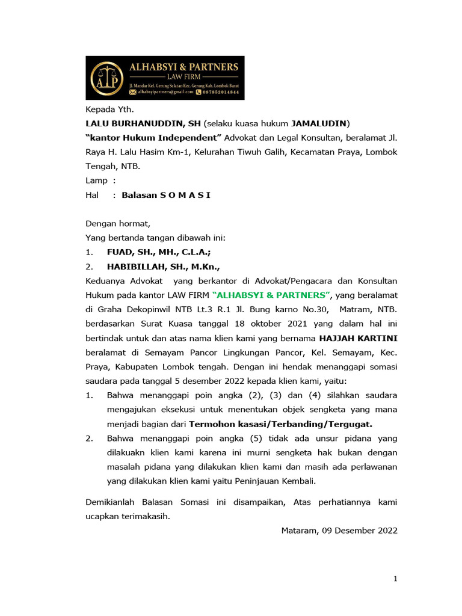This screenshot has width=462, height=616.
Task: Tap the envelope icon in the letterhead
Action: pos(133,92)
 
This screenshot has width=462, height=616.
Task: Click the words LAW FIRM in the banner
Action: pos(183,77)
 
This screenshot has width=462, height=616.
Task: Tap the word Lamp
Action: pos(97,180)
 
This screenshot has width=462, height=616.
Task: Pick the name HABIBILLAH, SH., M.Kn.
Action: pos(164,267)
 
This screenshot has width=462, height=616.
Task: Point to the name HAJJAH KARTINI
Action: pos(358,338)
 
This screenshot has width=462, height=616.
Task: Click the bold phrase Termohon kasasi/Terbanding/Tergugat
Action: pos(280,424)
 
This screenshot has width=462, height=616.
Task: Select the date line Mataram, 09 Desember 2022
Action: pos(339,531)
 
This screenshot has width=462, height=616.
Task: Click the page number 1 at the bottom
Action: pos(395,579)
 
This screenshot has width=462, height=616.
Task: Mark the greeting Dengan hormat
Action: pos(118,224)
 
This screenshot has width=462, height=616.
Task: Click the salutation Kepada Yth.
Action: pos(110,109)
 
